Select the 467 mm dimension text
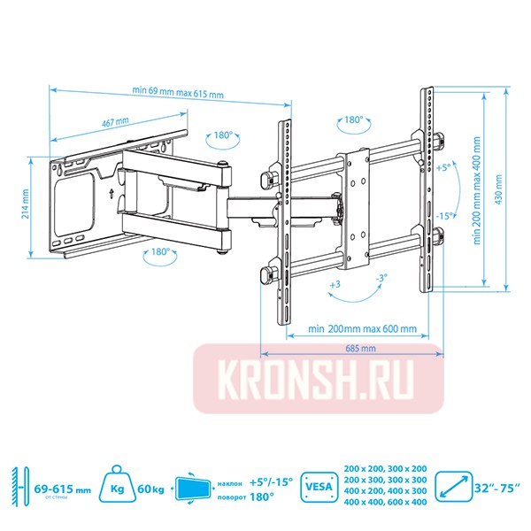[x=116, y=121]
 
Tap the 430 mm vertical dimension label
[x=501, y=187]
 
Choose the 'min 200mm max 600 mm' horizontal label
[x=363, y=328]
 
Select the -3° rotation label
[x=381, y=279]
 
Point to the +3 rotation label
[x=335, y=285]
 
